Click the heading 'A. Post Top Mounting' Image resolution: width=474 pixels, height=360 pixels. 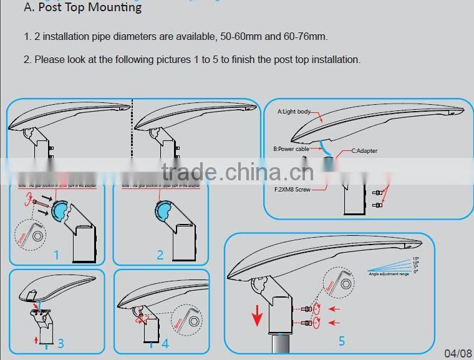82,8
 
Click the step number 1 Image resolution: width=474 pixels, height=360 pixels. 56,255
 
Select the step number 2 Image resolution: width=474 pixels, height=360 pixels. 160,255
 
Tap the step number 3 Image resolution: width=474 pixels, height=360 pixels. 60,343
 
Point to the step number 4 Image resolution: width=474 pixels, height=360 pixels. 165,343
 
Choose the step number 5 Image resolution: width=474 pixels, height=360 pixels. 342,341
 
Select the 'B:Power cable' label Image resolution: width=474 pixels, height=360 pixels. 291,149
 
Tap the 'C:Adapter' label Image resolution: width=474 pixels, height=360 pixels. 364,151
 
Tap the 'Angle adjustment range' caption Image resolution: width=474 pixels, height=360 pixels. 388,274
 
